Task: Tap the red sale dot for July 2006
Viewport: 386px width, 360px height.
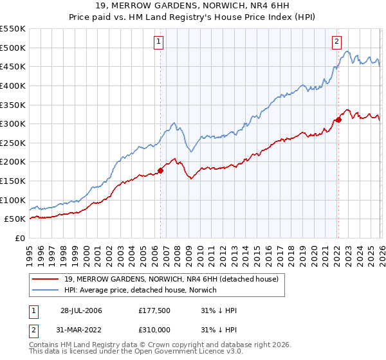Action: point(161,170)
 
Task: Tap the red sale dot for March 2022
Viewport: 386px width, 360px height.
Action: point(338,120)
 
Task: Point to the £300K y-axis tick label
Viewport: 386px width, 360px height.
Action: point(13,123)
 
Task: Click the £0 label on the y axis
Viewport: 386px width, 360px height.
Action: point(21,239)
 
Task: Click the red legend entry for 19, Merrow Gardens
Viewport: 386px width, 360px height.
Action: point(171,279)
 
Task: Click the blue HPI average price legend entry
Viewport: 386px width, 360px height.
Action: point(141,291)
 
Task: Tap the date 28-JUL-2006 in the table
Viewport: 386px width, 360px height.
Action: point(81,310)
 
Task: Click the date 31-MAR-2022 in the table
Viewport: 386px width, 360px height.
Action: point(81,330)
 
